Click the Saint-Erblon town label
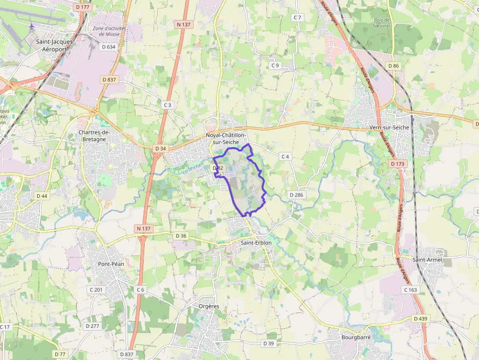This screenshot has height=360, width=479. [256, 242]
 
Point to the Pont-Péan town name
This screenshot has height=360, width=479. [111, 264]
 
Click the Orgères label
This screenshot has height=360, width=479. [209, 306]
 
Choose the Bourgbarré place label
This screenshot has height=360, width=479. [356, 338]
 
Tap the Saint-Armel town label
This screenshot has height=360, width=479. [427, 260]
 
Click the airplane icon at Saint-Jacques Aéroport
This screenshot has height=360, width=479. [32, 26]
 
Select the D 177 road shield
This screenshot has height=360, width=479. [84, 7]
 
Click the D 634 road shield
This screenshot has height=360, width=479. [108, 47]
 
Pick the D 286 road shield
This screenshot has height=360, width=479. [296, 194]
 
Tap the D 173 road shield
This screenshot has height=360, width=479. [398, 164]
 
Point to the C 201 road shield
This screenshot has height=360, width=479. [96, 290]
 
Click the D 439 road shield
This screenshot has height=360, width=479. [420, 318]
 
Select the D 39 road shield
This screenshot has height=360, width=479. [268, 343]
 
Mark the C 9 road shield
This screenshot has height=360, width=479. [275, 65]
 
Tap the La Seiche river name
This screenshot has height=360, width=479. [192, 169]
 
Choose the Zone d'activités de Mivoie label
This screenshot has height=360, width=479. [109, 31]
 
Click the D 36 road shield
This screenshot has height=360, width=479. [181, 236]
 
